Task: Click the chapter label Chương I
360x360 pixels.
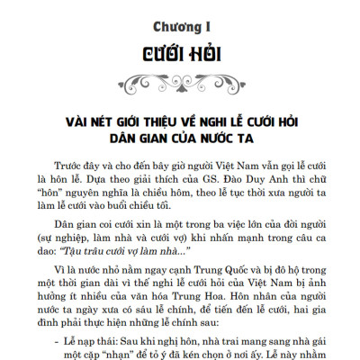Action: (x=180, y=17)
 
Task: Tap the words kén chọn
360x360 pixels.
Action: (x=209, y=358)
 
